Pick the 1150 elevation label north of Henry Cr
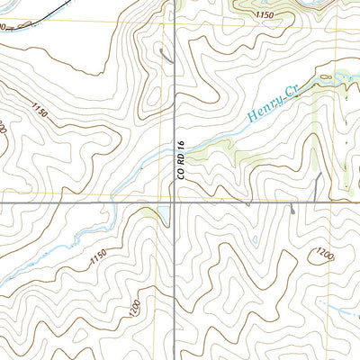(x=264, y=16)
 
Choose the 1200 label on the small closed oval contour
(x=325, y=256)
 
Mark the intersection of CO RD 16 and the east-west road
(x=175, y=203)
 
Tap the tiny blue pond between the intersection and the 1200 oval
(x=256, y=238)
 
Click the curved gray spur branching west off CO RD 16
(x=165, y=56)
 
